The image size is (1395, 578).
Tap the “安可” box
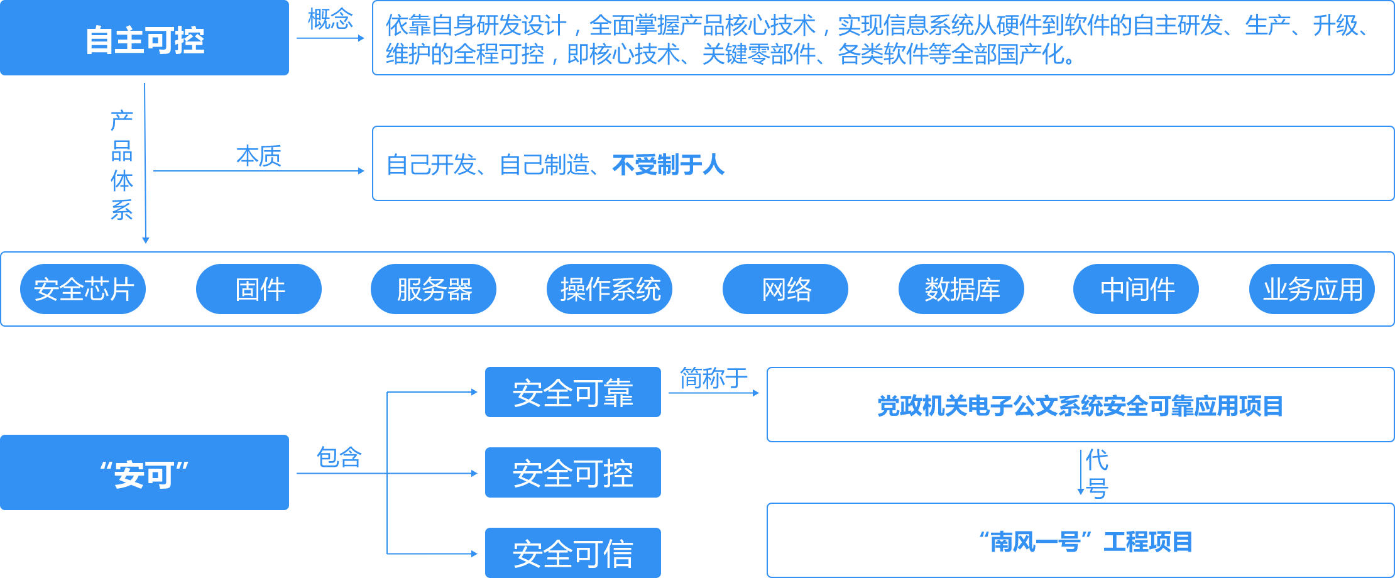(x=145, y=473)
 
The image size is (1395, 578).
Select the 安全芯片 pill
(x=83, y=289)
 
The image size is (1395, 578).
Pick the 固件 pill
(x=259, y=289)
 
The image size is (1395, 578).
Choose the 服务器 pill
(x=434, y=289)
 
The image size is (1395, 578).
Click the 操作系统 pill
(x=610, y=289)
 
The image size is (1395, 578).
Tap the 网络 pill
(x=785, y=289)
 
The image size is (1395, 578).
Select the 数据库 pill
(x=961, y=289)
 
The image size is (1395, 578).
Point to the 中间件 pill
(x=1136, y=289)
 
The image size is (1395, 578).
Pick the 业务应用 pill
(x=1312, y=289)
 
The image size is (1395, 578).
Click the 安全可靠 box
(x=573, y=393)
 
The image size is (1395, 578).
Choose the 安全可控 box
(x=573, y=473)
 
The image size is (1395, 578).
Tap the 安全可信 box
(x=573, y=553)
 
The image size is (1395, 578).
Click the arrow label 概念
(x=331, y=19)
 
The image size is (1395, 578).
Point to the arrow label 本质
(x=259, y=155)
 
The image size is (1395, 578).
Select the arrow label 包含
(x=339, y=457)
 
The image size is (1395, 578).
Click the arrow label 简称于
(x=714, y=378)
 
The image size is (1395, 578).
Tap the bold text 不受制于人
(x=668, y=165)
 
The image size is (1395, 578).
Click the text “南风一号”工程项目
(x=1085, y=542)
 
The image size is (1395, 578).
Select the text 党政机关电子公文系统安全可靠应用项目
(x=1080, y=406)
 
